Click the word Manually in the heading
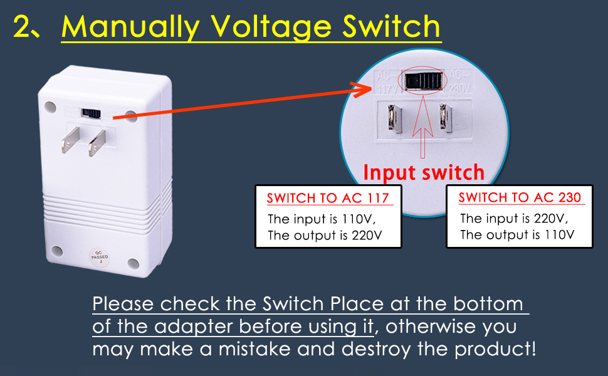point(130,28)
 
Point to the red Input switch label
point(424,172)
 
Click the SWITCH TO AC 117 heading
point(329,199)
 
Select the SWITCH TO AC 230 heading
point(520,198)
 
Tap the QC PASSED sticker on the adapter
point(95,258)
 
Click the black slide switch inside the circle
point(424,81)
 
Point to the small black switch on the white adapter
point(92,114)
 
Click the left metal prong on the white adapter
point(71,140)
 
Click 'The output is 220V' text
point(325,236)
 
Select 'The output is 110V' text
point(517,235)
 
